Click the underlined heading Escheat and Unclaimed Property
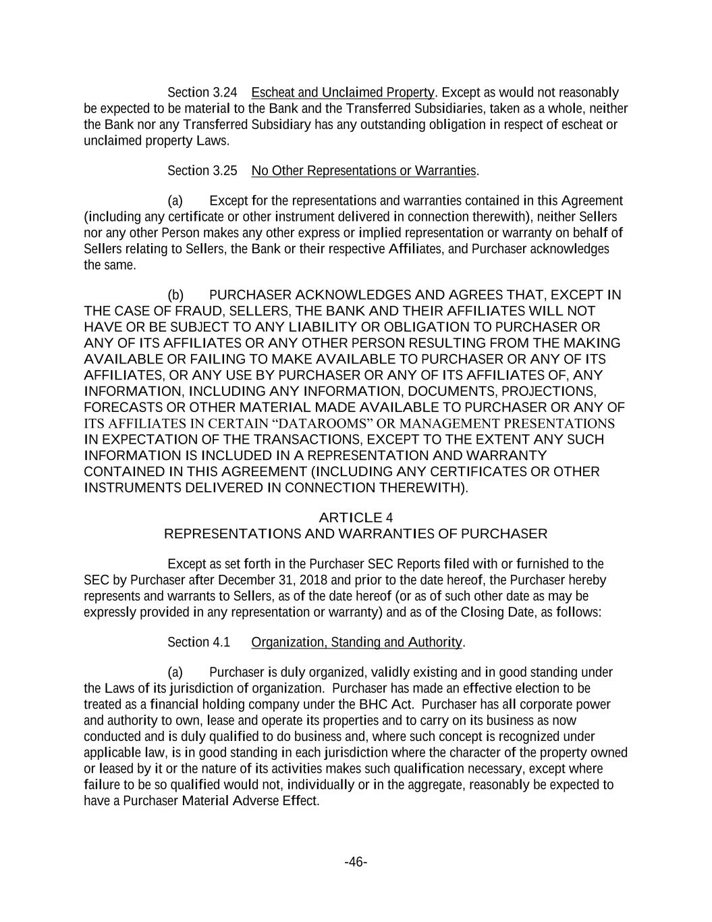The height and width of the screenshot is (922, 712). point(342,93)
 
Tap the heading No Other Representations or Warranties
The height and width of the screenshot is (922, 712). point(364,171)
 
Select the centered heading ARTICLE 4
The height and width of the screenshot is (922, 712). point(356,518)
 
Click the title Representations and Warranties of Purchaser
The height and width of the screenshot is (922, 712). point(356,534)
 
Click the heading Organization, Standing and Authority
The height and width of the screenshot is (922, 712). point(356,642)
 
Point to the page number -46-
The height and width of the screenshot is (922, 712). point(356,862)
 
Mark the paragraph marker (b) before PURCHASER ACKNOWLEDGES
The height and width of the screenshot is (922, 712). point(175,295)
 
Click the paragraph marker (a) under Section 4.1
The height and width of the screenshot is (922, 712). point(175,673)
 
